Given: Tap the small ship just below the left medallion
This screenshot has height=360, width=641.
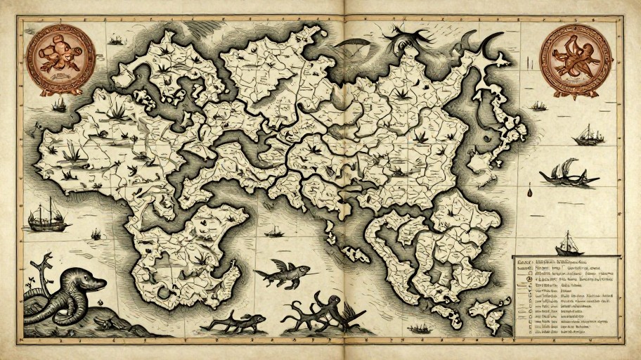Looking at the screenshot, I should (x=59, y=104).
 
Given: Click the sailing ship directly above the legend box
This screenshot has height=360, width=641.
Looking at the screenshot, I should (x=569, y=243).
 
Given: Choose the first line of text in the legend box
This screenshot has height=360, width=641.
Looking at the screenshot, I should (x=562, y=261).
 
